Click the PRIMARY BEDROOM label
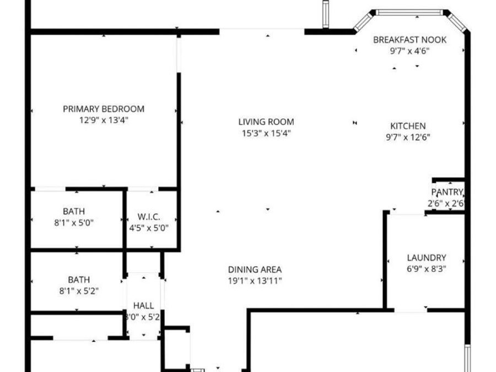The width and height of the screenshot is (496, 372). (x=104, y=109)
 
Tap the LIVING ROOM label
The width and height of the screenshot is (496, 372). (x=266, y=122)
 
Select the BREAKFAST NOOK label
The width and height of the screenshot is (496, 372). (x=409, y=40)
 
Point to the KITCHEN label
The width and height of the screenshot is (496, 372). (x=408, y=126)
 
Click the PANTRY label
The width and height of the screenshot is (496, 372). (x=447, y=192)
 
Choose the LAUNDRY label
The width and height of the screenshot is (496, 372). (x=426, y=257)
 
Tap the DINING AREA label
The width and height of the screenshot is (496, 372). (x=255, y=269)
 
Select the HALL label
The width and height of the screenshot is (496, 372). (x=143, y=306)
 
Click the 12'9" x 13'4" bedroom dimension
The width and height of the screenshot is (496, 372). (x=104, y=120)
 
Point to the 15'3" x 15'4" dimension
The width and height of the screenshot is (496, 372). (x=266, y=133)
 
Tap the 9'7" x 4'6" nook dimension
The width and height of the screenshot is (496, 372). (x=409, y=51)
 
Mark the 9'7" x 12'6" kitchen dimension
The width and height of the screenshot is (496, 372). (x=408, y=137)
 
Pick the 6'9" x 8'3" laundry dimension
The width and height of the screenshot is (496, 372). (x=426, y=269)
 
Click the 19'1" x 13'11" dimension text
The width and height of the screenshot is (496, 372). (x=255, y=281)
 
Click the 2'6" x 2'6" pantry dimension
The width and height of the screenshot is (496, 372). (x=446, y=203)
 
